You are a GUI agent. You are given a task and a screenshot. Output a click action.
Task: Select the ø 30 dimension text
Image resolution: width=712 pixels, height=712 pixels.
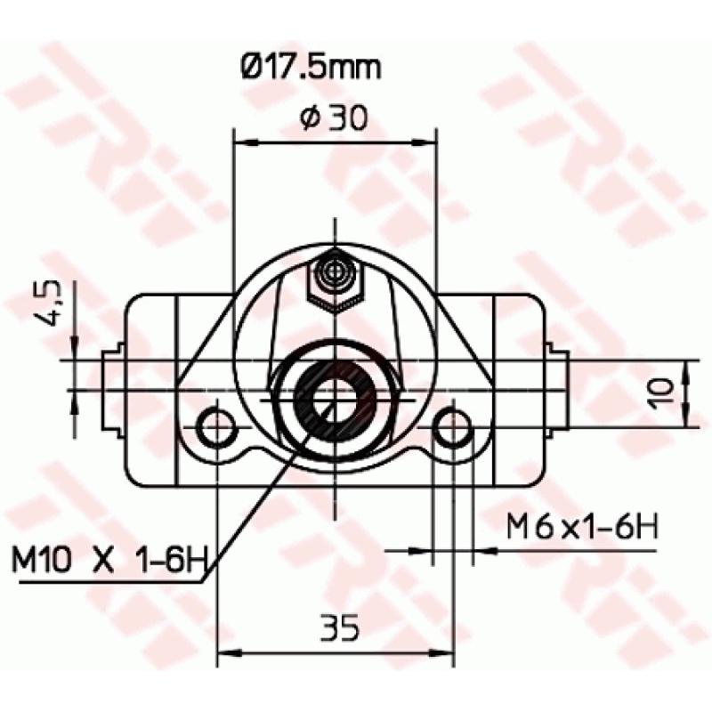pyautogui.click(x=335, y=117)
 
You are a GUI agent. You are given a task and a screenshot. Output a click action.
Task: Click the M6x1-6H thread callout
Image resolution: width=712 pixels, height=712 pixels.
pyautogui.click(x=582, y=527)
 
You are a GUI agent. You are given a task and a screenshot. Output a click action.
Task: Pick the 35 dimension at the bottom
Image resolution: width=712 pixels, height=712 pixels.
pyautogui.click(x=339, y=628)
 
